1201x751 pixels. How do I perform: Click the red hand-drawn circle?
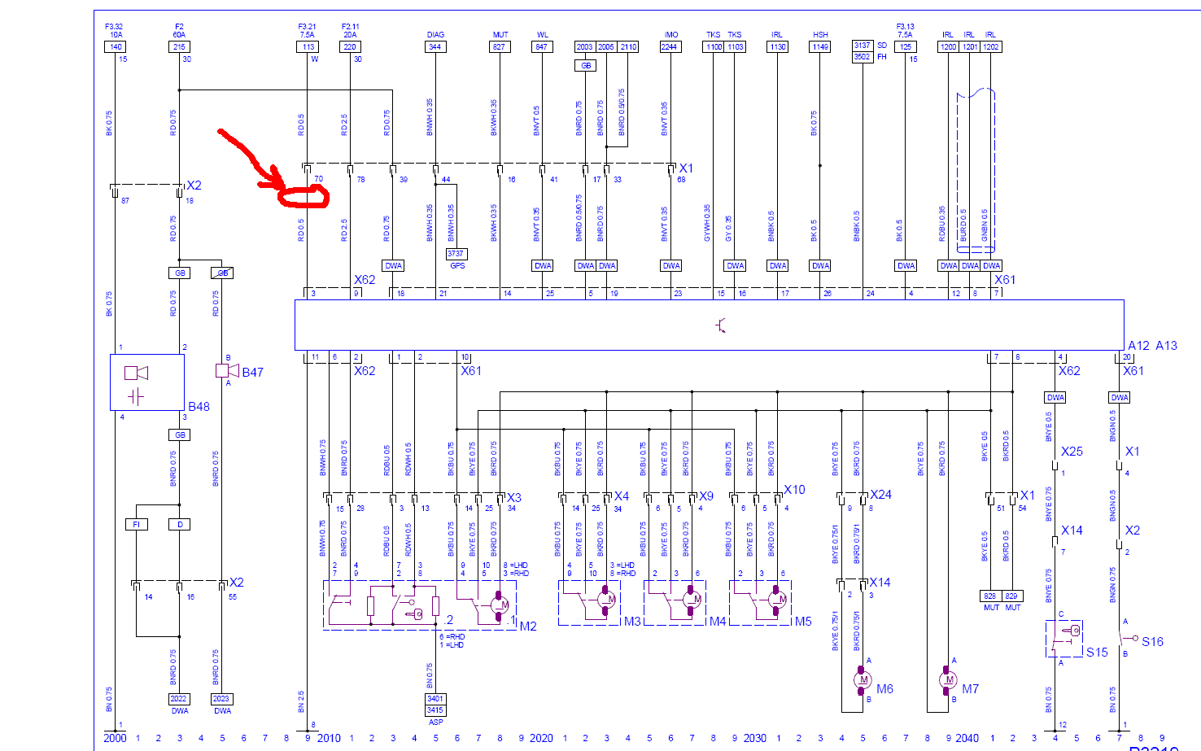click(304, 196)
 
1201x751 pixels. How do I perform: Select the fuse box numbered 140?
click(116, 47)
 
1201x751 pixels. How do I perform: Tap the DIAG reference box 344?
click(435, 47)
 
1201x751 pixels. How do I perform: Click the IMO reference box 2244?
click(670, 47)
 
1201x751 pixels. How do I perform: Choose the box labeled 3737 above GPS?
click(456, 254)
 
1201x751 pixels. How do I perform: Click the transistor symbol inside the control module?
click(721, 325)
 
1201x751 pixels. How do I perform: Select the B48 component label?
click(199, 407)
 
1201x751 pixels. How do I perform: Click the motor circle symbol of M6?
click(863, 680)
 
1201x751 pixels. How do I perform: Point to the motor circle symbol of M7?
click(949, 680)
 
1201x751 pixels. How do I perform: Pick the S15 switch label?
click(1097, 653)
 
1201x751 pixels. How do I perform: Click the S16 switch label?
click(1153, 642)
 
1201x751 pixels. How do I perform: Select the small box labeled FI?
click(137, 525)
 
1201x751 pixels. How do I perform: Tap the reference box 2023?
click(221, 699)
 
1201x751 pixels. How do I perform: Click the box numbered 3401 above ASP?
click(436, 699)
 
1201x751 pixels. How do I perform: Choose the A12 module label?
click(1139, 346)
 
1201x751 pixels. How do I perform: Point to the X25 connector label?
click(1072, 452)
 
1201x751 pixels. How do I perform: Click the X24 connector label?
click(880, 495)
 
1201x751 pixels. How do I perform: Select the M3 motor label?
click(632, 622)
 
